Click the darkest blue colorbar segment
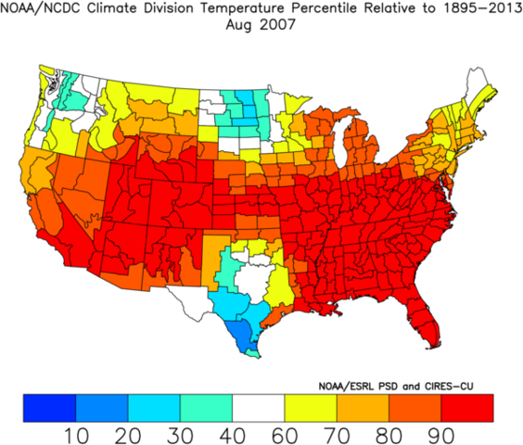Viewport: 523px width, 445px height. [49, 405]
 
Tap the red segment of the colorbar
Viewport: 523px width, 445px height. [467, 405]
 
